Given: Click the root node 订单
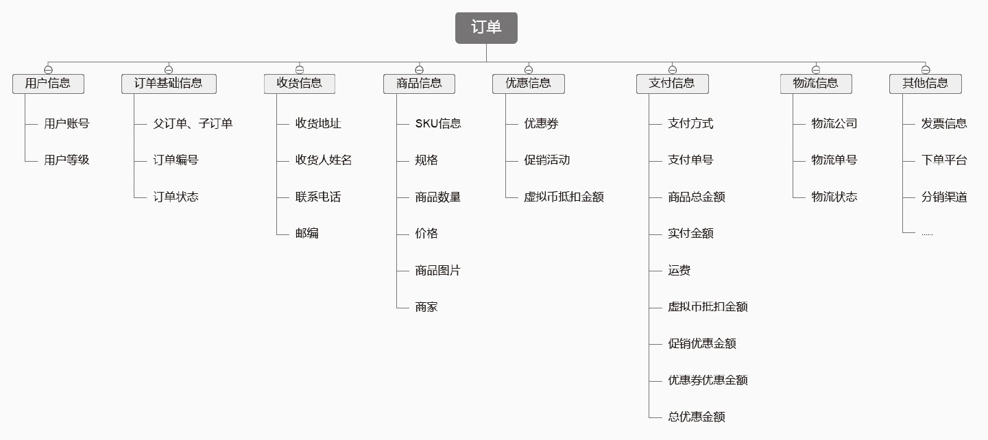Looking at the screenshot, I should [486, 27].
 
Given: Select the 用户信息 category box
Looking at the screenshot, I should [48, 84].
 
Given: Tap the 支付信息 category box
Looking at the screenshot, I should [672, 84].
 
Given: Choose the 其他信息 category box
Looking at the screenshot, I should [925, 84].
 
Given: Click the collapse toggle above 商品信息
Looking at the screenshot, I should [419, 69].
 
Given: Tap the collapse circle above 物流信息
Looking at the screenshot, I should [815, 69].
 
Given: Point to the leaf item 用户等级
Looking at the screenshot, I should [67, 160].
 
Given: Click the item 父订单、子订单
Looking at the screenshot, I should [193, 123].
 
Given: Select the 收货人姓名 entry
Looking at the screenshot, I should [324, 160].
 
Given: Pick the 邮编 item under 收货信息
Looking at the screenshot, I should [307, 234].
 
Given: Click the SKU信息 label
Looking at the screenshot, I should [438, 123].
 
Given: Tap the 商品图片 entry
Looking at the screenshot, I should [437, 271].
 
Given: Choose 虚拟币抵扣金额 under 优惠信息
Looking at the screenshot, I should [564, 197].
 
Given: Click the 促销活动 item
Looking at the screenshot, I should [546, 160].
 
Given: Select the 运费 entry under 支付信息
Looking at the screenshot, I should [679, 271].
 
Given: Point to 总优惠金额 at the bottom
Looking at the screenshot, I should [696, 417].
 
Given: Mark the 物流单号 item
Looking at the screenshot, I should [834, 160].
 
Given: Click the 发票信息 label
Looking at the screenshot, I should [944, 123].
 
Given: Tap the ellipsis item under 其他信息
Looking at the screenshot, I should [927, 234].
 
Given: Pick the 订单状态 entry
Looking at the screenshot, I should [176, 197].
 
